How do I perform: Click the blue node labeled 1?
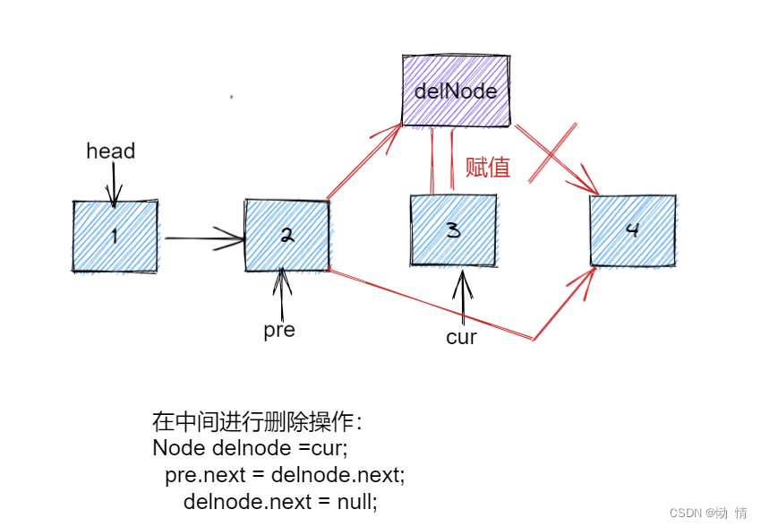click(x=115, y=236)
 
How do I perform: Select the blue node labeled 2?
click(x=286, y=235)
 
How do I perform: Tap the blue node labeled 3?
click(x=453, y=229)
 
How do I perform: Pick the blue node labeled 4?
click(x=632, y=229)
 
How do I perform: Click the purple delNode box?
click(x=456, y=91)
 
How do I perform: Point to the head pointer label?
click(x=111, y=151)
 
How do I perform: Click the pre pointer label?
click(x=279, y=330)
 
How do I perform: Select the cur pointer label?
click(x=461, y=338)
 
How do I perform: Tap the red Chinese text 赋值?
click(x=488, y=168)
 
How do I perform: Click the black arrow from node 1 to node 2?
click(x=204, y=238)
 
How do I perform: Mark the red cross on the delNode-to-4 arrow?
click(x=553, y=154)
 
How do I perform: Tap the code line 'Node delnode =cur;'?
click(x=250, y=447)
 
